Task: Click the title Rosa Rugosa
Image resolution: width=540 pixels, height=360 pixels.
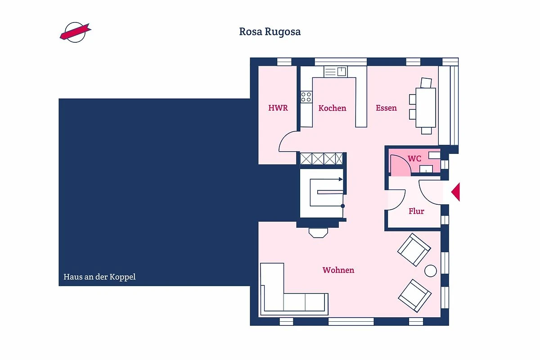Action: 270,32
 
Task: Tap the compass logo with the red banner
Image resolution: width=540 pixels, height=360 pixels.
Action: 76,32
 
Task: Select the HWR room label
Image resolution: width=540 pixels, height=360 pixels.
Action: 278,108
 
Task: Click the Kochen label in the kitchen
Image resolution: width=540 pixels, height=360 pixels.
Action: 332,108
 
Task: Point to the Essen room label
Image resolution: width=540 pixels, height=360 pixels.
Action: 386,108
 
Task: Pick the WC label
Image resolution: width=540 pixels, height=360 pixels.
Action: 414,158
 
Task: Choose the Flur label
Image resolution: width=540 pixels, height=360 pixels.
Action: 416,211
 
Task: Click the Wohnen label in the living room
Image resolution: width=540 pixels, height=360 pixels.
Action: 338,270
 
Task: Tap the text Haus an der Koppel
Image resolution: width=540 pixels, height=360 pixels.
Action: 99,277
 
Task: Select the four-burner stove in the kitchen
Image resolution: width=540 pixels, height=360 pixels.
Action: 306,97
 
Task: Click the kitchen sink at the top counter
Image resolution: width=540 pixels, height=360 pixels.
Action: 335,72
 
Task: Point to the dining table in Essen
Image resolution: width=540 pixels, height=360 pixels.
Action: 426,108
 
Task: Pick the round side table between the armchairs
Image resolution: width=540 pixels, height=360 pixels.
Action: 430,271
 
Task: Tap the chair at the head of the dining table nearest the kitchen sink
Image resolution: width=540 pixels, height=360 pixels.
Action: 426,83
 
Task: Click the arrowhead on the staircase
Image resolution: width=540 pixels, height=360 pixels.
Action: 341,179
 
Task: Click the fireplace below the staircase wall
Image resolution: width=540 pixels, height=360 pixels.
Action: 318,233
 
